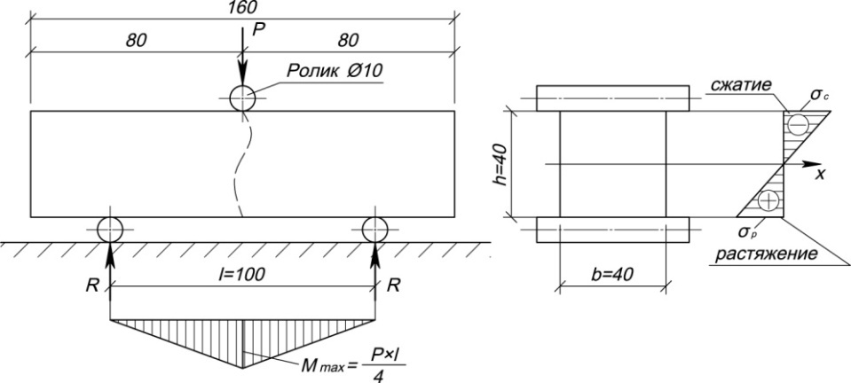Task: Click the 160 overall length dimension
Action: click(x=243, y=7)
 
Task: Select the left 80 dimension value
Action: click(x=136, y=42)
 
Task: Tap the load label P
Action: click(x=257, y=30)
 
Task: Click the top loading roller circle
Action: click(x=242, y=98)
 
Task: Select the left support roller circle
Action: click(x=110, y=228)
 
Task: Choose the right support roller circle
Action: click(x=376, y=228)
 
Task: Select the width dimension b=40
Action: click(x=611, y=274)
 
